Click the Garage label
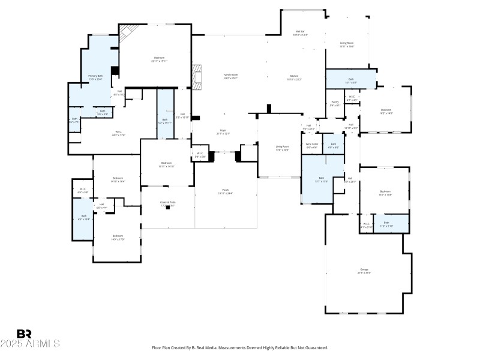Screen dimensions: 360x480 tap(364, 271)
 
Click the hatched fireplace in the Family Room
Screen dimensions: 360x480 tap(196, 75)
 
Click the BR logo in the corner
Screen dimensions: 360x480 tap(24, 334)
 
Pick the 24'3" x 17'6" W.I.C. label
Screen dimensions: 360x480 tap(119, 133)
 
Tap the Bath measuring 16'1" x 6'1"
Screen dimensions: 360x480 tap(350, 80)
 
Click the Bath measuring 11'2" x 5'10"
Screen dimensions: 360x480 tap(386, 224)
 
